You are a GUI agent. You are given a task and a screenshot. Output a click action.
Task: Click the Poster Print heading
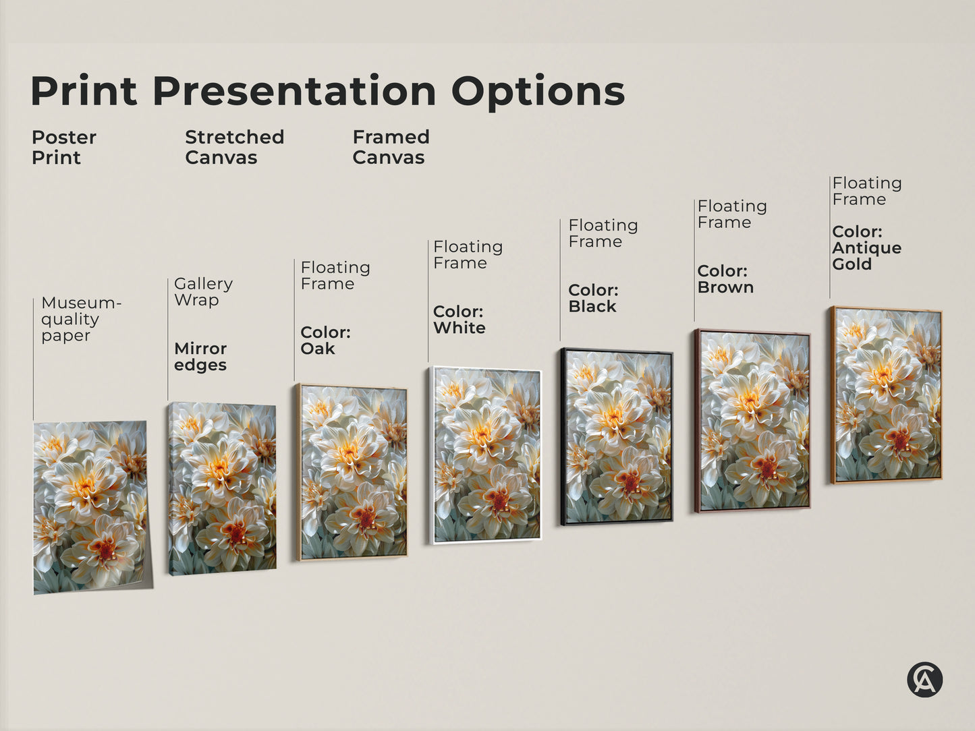(63, 147)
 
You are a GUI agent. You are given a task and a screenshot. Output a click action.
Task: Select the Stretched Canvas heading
(234, 147)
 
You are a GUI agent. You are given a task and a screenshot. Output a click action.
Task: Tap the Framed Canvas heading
(391, 147)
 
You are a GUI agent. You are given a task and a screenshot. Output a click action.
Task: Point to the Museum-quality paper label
(80, 319)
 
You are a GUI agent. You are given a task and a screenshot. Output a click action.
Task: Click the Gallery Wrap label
(203, 291)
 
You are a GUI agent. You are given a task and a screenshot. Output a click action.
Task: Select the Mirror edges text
(200, 357)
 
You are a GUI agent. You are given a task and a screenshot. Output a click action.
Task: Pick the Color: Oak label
(325, 341)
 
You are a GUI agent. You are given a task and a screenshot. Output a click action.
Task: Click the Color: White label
(459, 320)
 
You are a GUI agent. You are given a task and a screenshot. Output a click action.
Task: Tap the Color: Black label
(593, 298)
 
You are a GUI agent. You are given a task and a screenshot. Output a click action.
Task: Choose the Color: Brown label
(725, 279)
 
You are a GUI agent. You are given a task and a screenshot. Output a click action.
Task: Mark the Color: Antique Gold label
(866, 247)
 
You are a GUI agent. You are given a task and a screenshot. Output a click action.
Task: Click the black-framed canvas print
(617, 436)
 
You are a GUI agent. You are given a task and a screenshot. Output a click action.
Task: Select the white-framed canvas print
(486, 455)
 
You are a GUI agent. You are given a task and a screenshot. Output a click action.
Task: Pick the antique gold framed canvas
(887, 394)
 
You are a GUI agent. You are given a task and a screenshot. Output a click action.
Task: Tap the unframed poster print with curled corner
(90, 506)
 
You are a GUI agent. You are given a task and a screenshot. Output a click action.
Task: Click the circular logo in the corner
(924, 679)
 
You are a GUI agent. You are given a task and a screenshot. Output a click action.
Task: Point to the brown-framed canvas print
(752, 421)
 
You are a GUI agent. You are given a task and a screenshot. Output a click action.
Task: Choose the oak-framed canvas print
(352, 472)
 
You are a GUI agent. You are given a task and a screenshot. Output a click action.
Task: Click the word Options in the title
(538, 91)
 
